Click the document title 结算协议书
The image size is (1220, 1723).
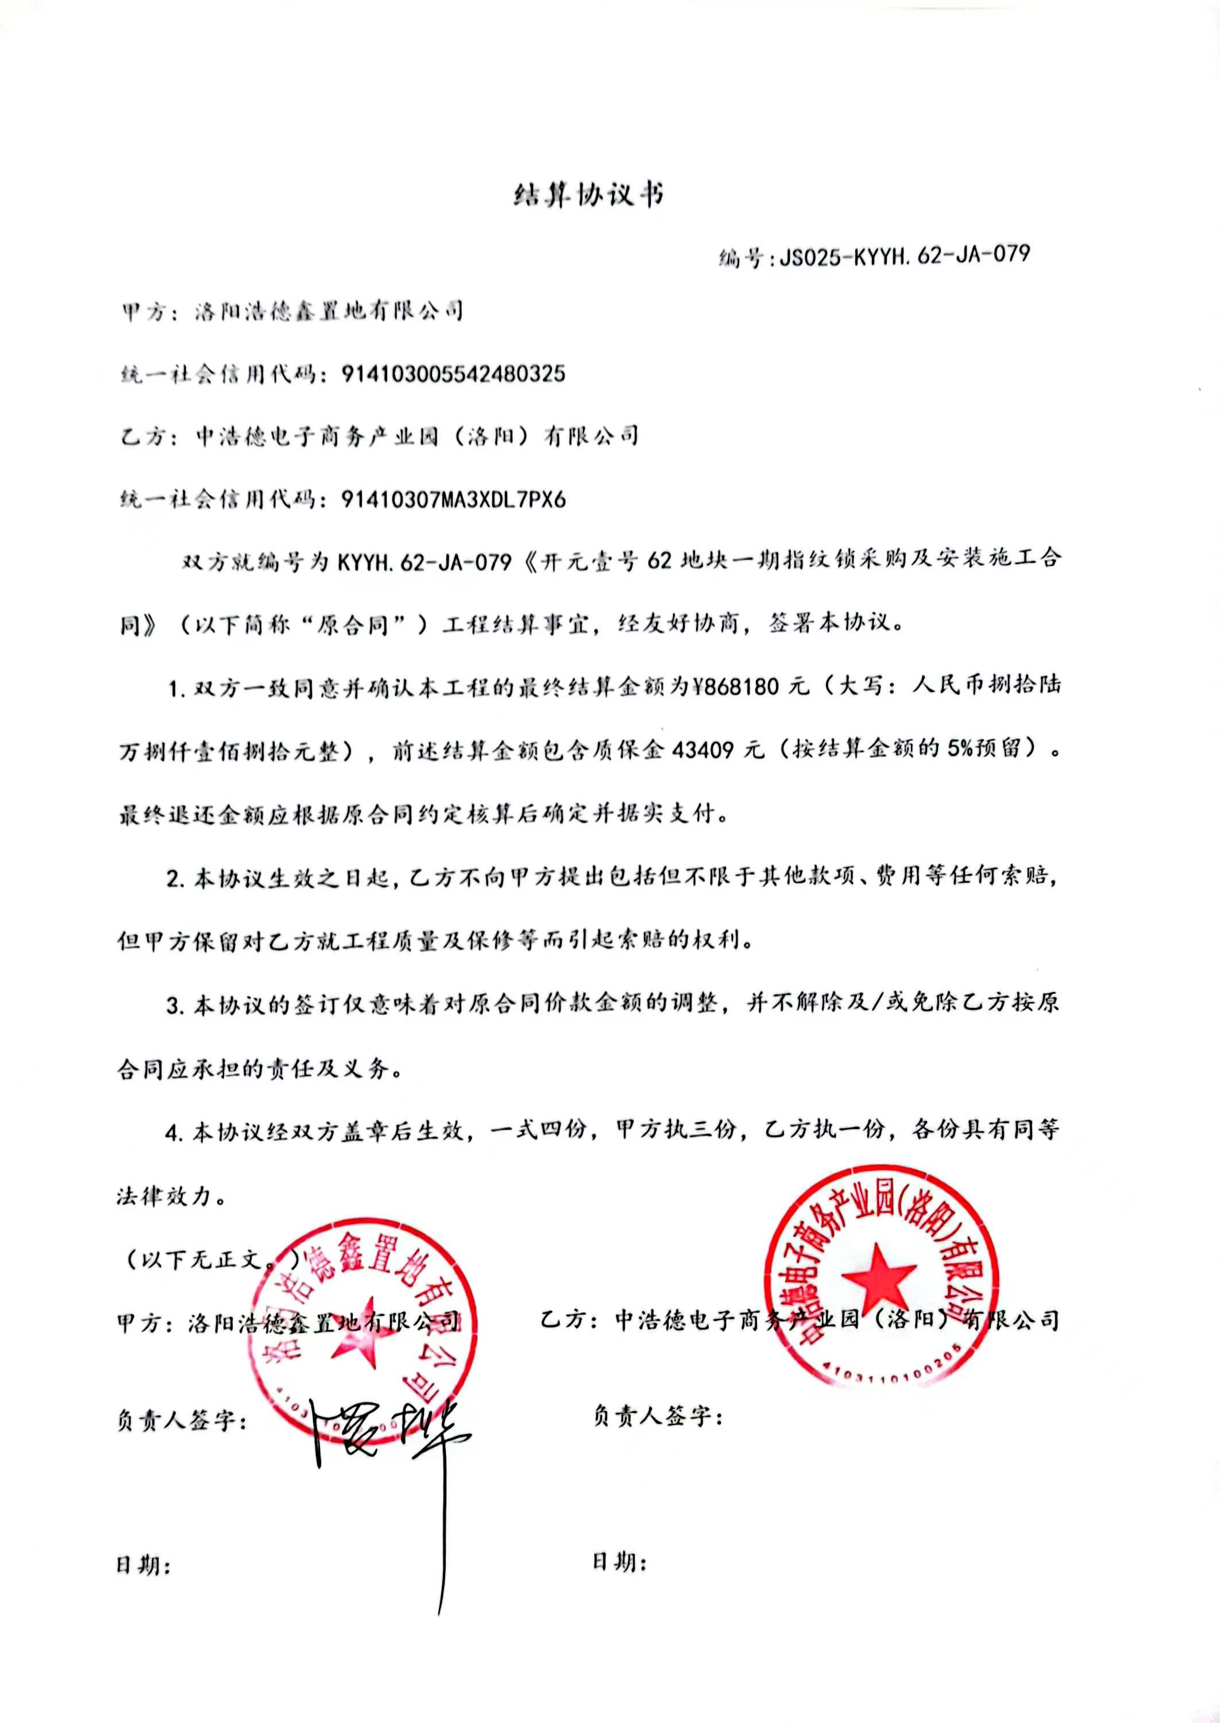[588, 196]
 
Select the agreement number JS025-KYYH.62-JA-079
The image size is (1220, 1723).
[904, 256]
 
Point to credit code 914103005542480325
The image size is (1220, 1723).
[453, 373]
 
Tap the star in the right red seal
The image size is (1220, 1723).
[878, 1276]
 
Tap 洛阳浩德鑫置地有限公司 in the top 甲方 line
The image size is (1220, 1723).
[329, 310]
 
